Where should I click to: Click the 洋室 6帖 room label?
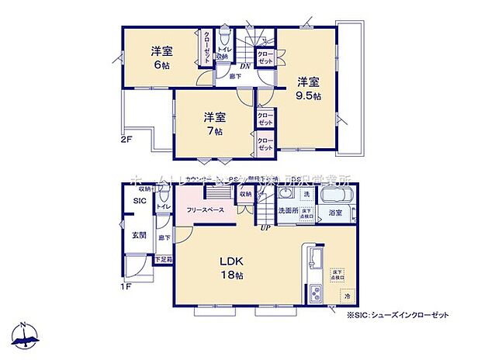pyautogui.click(x=162, y=58)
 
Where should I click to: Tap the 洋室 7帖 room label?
pyautogui.click(x=215, y=123)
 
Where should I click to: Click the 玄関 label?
pyautogui.click(x=138, y=235)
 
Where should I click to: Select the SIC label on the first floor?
pyautogui.click(x=139, y=201)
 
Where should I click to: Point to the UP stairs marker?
pyautogui.click(x=265, y=227)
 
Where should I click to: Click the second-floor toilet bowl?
pyautogui.click(x=224, y=40)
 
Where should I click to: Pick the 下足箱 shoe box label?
pyautogui.click(x=164, y=259)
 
